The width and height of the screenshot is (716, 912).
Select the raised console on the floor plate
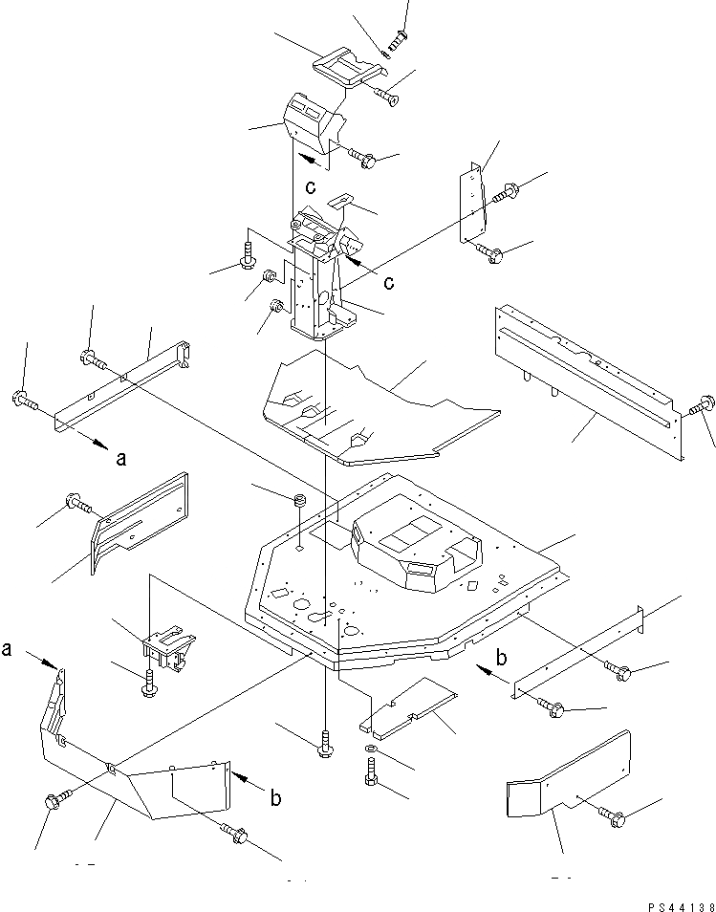417,550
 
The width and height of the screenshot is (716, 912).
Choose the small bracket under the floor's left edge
168,647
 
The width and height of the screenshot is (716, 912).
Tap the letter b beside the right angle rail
500,659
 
